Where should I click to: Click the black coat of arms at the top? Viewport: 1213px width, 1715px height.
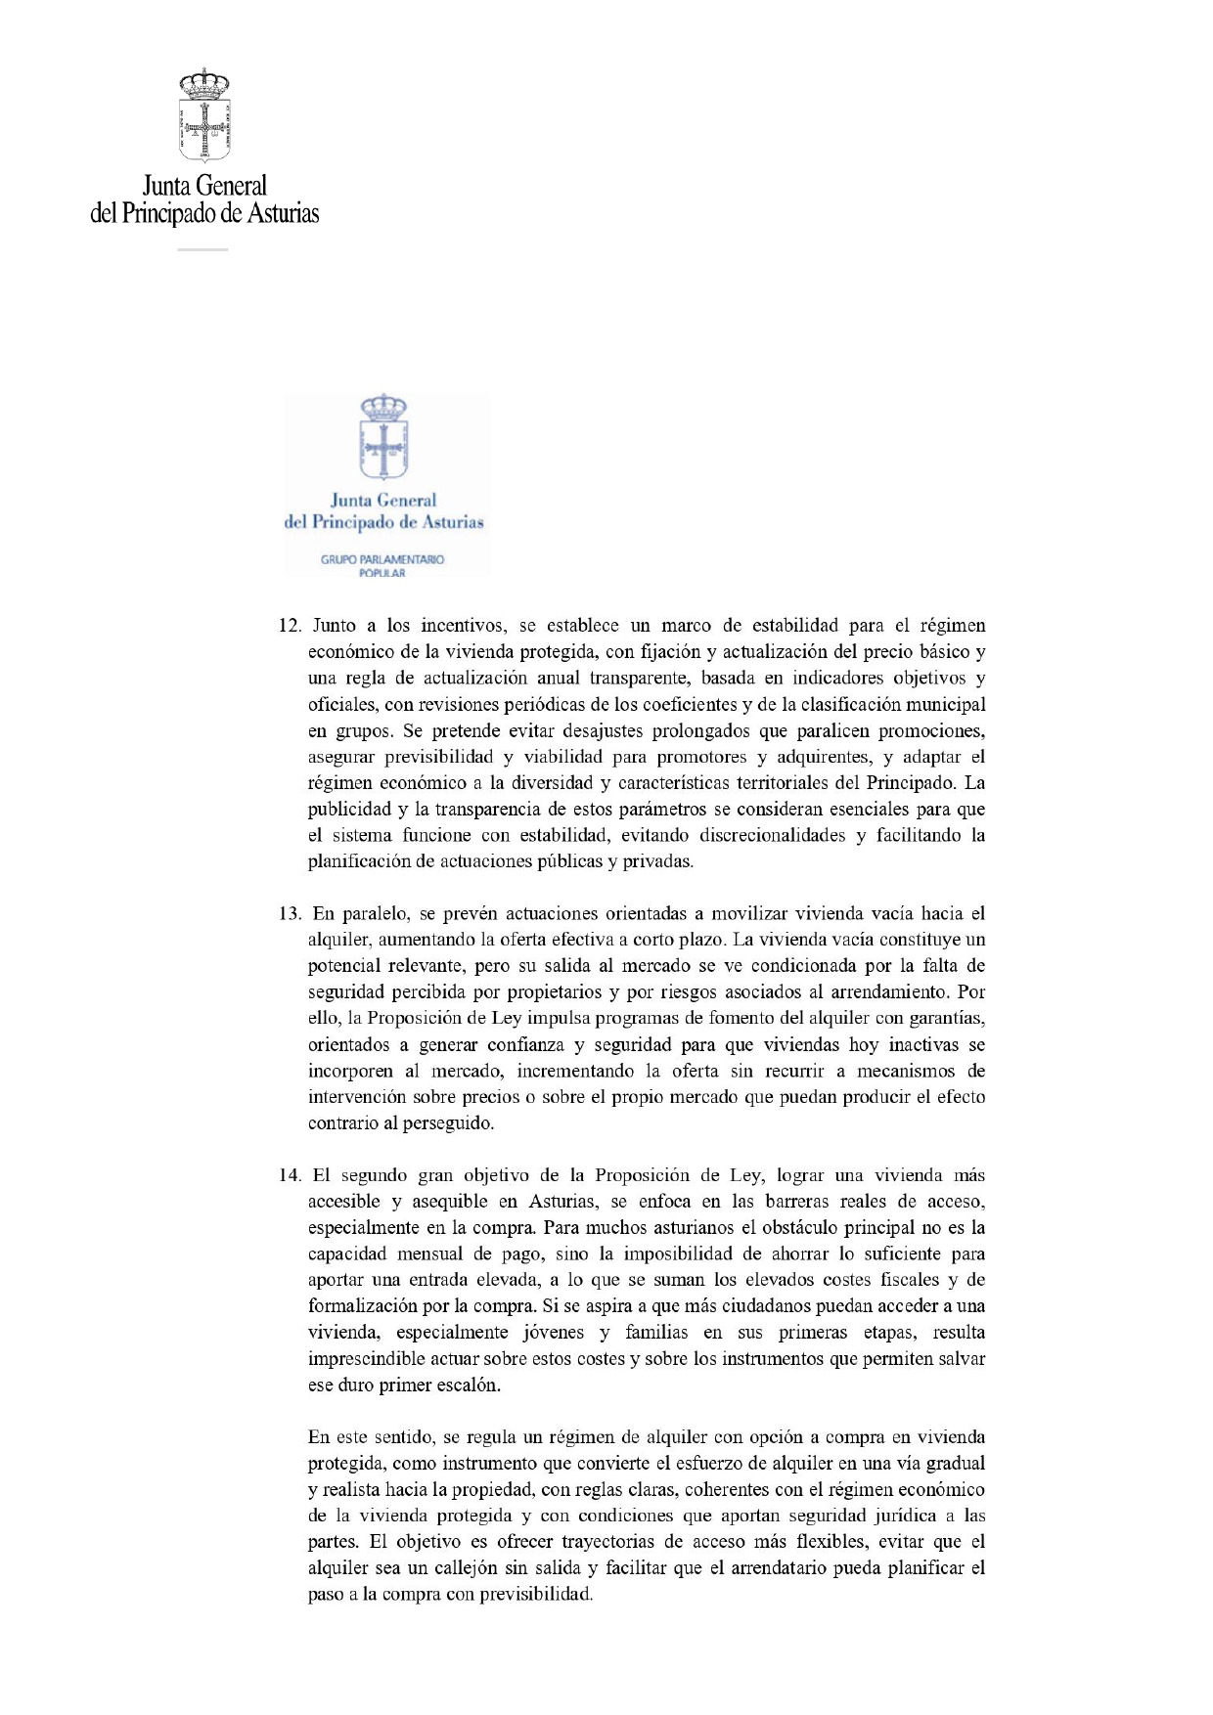pos(204,114)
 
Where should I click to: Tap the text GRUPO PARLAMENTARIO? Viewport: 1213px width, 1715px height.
pos(382,559)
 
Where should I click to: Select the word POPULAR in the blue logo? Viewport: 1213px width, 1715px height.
pos(382,573)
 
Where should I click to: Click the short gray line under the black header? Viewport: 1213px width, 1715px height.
pos(202,250)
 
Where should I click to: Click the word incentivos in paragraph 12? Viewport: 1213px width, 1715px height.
pos(463,626)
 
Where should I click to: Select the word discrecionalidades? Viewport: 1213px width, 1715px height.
pos(770,836)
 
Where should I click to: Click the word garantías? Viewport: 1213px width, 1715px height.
pos(947,1019)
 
